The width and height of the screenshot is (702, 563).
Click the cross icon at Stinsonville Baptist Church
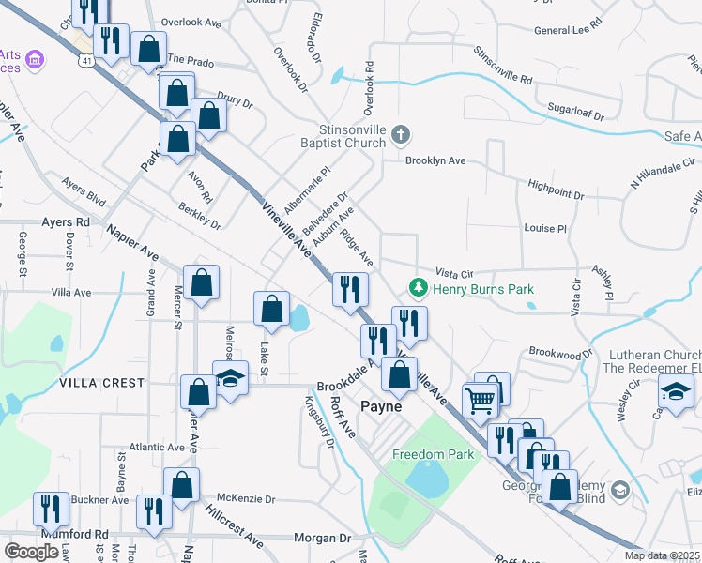[x=401, y=135]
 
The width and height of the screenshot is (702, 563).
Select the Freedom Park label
[x=434, y=454]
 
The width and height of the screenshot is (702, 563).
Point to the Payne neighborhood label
[x=382, y=407]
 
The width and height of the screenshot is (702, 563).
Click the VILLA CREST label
[x=101, y=383]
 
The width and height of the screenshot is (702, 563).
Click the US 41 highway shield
[x=85, y=61]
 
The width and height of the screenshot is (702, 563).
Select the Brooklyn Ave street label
[x=435, y=160]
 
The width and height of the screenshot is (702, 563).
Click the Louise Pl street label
[x=546, y=228]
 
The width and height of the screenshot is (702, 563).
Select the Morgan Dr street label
[x=322, y=539]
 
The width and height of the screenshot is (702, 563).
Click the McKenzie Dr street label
[x=245, y=499]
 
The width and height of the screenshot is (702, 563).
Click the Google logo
[x=31, y=552]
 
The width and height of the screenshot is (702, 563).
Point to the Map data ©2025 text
[x=662, y=555]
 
